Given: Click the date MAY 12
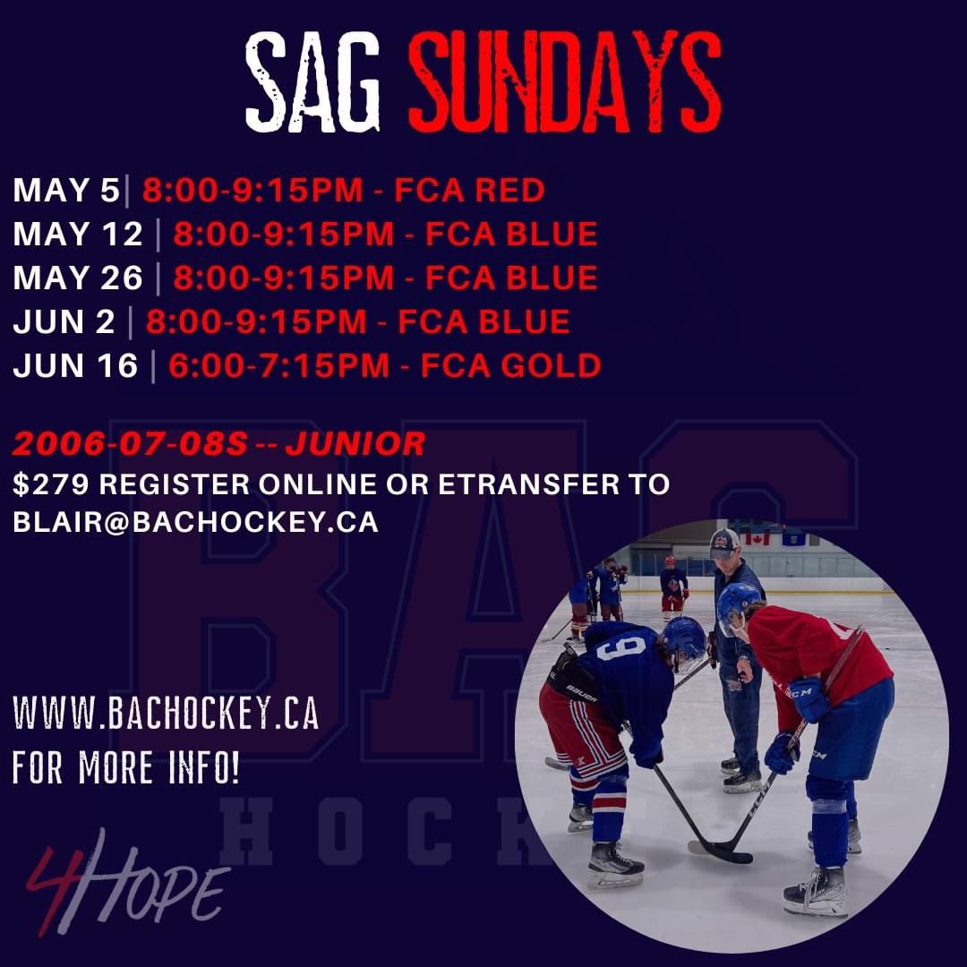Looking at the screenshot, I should pos(78,234).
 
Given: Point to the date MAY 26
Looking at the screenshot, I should pos(78,278).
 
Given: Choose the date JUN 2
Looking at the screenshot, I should pos(64,321).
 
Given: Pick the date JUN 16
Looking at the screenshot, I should pos(75,365).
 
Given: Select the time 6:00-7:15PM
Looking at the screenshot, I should pos(278,365).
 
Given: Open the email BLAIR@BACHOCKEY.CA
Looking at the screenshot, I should pos(195,523).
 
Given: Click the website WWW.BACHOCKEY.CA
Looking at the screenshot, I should pos(166,717).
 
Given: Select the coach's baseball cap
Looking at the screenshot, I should pos(725,543).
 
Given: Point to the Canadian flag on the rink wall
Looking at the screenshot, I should pos(757,539).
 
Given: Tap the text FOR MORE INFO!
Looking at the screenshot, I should pos(126,769).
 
